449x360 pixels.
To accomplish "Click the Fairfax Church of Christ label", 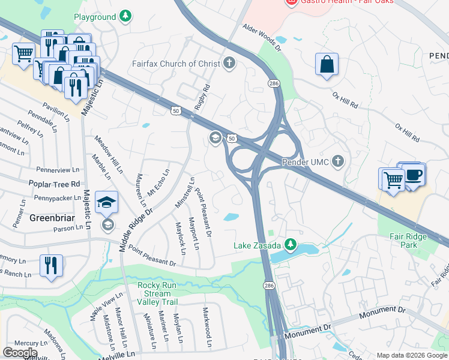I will (176, 64).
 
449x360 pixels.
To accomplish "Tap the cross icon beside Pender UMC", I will (339, 161).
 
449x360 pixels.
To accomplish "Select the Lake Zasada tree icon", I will (291, 245).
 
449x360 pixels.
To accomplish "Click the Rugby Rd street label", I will (202, 96).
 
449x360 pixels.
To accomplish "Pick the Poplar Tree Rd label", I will (53, 184).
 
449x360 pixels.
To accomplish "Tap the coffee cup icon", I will (413, 175).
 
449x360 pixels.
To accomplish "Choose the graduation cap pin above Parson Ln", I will (107, 202).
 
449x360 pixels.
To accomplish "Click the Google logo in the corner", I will (20, 353).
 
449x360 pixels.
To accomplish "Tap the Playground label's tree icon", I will (125, 16).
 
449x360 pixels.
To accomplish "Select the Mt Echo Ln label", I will (159, 182).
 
